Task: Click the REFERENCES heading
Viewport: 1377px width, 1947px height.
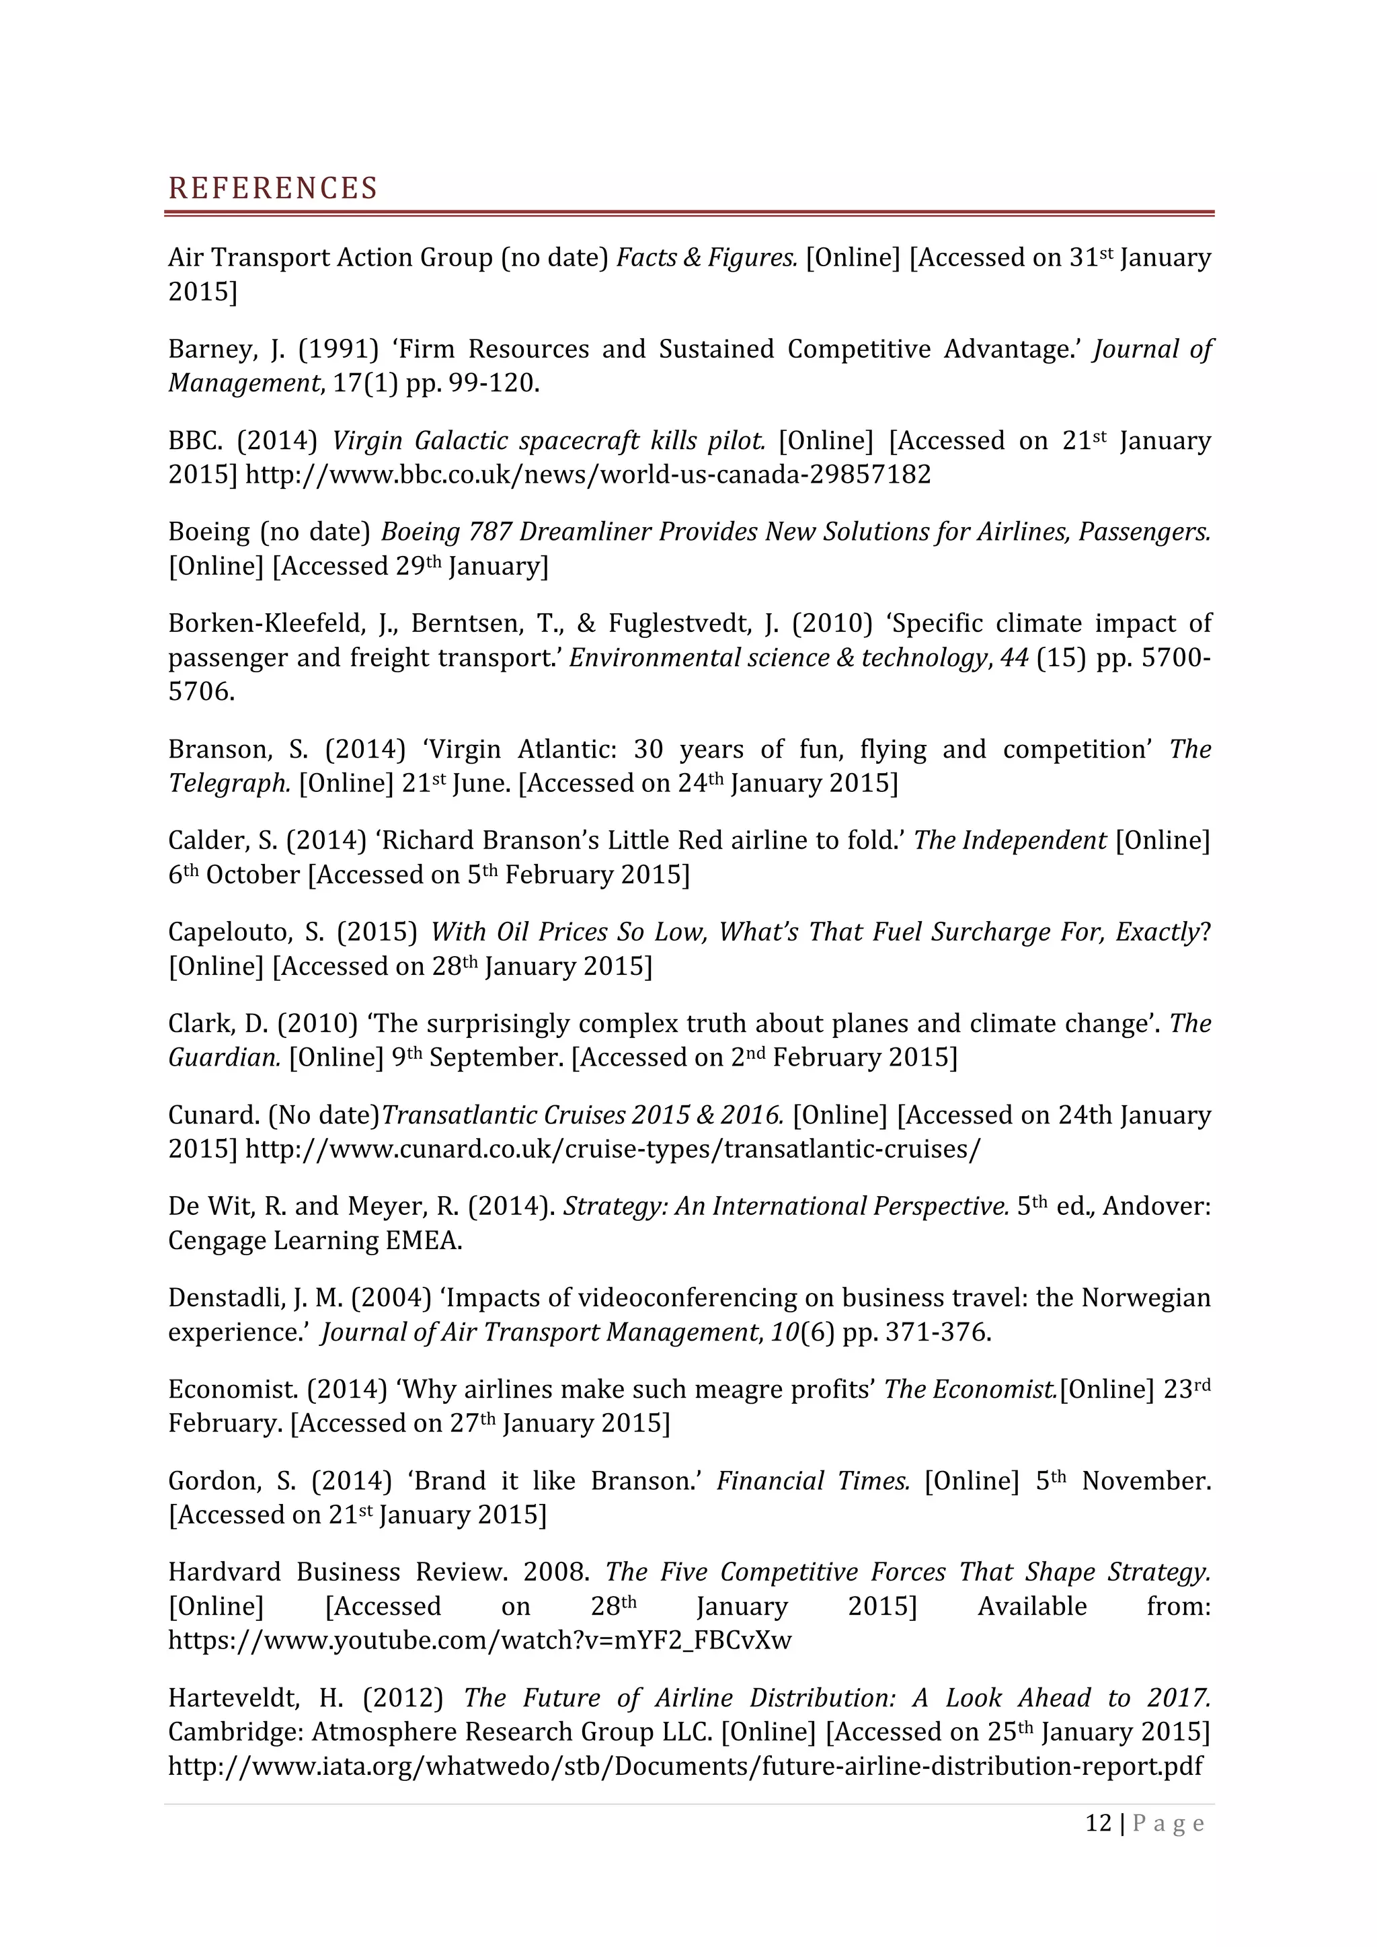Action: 272,188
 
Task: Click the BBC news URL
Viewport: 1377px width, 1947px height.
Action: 588,474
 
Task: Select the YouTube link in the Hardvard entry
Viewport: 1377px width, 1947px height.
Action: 479,1640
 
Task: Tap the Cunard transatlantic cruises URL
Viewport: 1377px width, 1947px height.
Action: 613,1149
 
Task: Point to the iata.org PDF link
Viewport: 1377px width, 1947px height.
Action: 685,1765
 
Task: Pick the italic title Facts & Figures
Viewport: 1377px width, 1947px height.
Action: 706,257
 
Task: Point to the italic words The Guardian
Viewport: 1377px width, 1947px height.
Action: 224,1058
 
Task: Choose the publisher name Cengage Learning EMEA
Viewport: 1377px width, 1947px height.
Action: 315,1240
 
